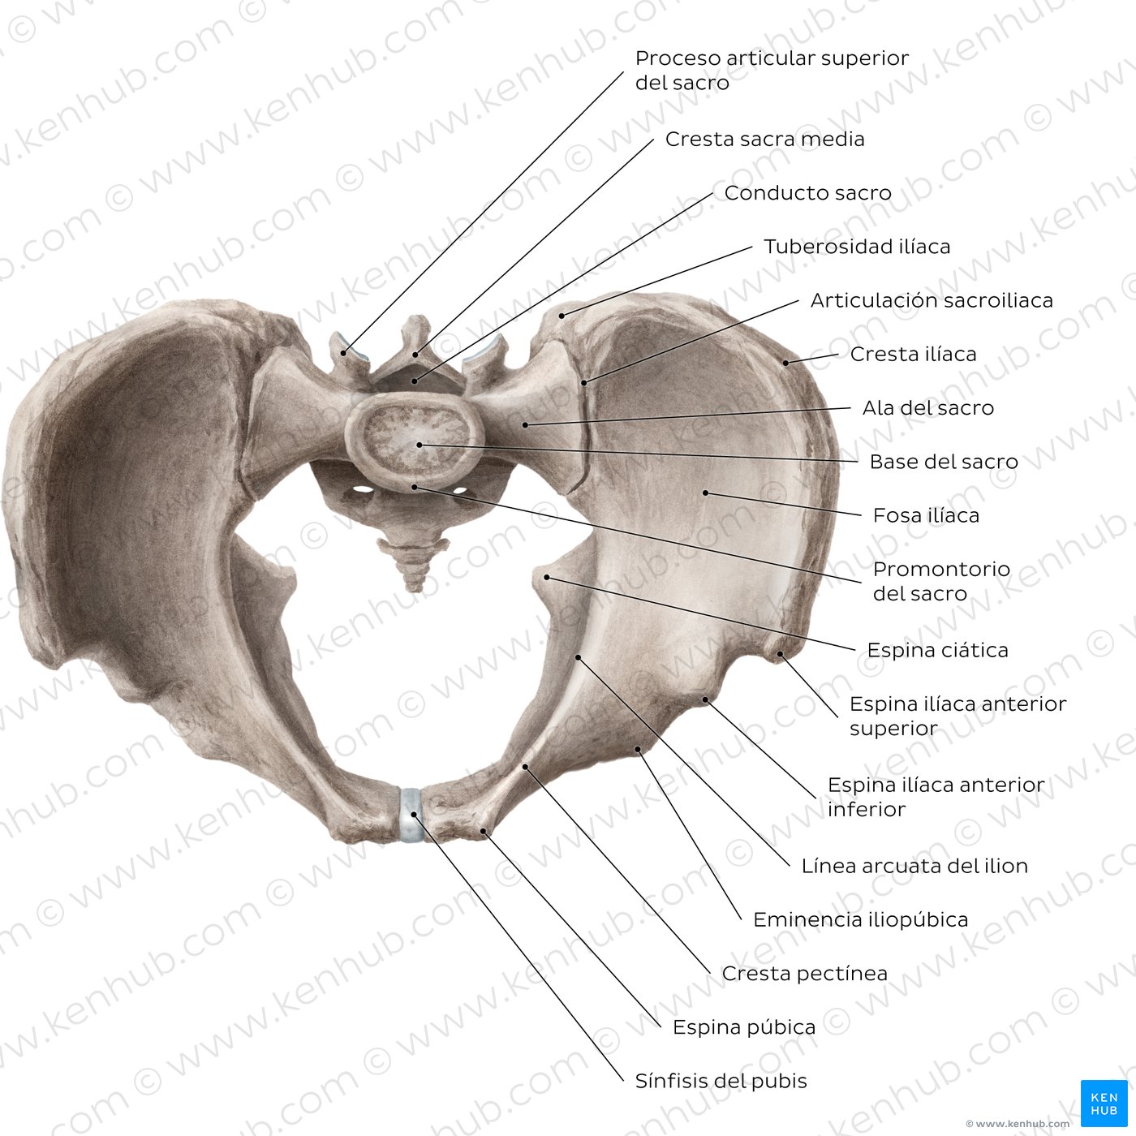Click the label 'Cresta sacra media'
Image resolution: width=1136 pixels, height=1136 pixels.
coord(764,139)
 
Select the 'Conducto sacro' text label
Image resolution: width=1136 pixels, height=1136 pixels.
coord(807,193)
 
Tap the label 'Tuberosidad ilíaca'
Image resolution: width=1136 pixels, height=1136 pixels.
coord(857,247)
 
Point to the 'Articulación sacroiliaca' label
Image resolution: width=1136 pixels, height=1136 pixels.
coord(932,301)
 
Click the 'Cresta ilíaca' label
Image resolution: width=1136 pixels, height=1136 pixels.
coord(913,355)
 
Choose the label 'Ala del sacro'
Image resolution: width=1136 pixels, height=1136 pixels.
coord(928,408)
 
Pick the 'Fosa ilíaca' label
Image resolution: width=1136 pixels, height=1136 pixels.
coord(926,516)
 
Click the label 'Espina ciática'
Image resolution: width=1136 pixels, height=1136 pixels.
coord(937,650)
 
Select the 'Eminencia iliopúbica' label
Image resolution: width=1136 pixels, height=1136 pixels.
coord(861,919)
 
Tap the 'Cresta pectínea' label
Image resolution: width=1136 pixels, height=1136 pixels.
coord(805,973)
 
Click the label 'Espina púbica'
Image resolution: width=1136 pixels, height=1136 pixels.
coord(744,1027)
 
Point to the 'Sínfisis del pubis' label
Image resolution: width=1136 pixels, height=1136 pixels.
coord(721,1081)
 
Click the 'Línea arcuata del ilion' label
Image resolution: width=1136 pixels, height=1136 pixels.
coord(914,866)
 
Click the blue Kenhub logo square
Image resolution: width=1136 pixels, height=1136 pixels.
coord(1104,1104)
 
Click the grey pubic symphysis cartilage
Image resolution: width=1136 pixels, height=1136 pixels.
coord(411,814)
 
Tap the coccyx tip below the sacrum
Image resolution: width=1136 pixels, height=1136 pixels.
coord(415,587)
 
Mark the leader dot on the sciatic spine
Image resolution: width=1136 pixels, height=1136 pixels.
coord(547,578)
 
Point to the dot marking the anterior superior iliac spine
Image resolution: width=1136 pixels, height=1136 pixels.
coord(780,654)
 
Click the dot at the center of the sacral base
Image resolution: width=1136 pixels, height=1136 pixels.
coord(420,445)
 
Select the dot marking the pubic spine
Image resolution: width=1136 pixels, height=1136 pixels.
coord(484,831)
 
